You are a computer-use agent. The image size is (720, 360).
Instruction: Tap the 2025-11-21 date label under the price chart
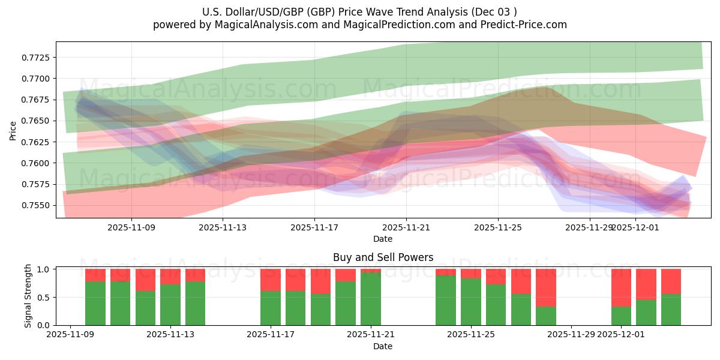(406, 227)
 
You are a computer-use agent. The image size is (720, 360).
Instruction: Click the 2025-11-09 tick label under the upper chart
(131, 227)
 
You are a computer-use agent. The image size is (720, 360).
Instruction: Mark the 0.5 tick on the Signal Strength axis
(45, 298)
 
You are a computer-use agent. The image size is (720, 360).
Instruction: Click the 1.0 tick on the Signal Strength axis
(45, 269)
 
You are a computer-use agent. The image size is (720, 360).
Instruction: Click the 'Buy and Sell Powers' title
(383, 257)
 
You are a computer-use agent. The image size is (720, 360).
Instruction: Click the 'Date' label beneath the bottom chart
(383, 346)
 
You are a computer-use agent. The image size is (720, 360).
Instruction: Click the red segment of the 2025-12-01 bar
(621, 287)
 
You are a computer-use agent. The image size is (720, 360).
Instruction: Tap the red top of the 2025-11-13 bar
(170, 276)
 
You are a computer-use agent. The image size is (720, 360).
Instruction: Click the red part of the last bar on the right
(671, 281)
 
